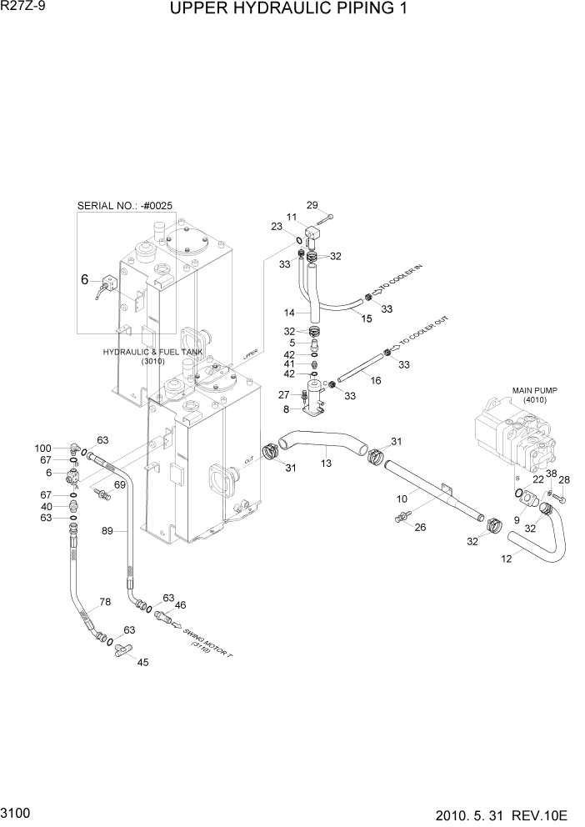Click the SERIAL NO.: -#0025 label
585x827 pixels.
point(126,205)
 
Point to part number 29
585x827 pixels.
point(312,205)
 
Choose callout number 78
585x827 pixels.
point(105,602)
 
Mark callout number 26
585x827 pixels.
point(420,526)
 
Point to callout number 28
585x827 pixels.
point(564,479)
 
